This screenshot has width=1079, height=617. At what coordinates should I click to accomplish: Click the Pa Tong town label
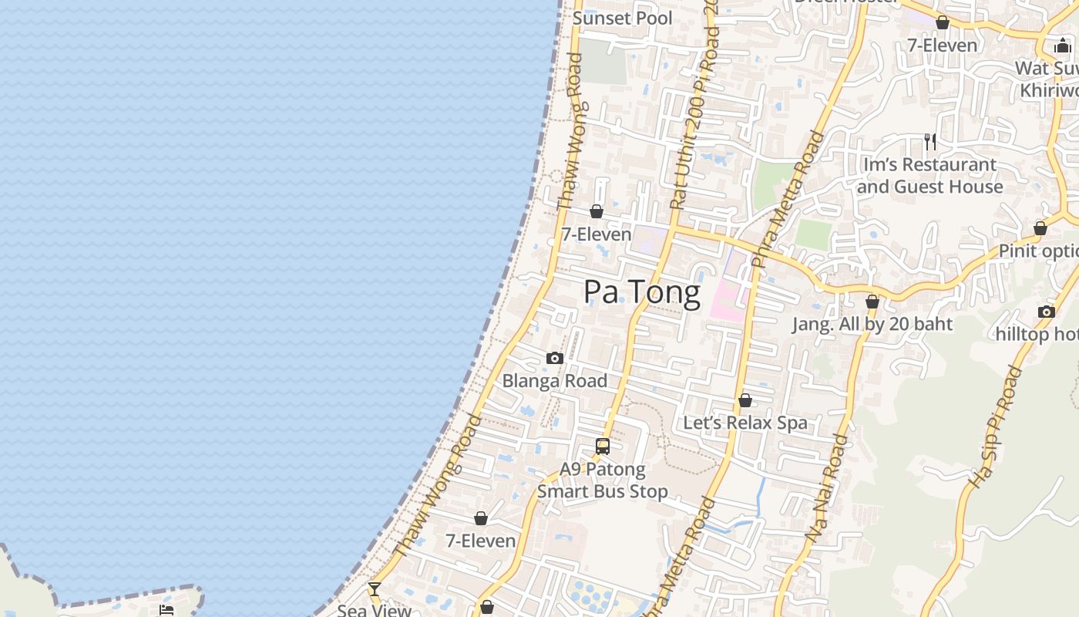point(641,292)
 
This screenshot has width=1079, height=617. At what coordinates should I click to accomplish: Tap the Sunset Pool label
point(623,18)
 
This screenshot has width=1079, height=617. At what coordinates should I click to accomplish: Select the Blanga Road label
point(555,380)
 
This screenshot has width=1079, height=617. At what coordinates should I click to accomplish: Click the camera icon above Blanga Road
point(554,358)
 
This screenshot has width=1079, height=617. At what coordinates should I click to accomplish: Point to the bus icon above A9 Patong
point(603,446)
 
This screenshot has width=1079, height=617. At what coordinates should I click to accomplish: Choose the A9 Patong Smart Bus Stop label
point(603,480)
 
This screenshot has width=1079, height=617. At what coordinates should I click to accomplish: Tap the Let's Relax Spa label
point(745,423)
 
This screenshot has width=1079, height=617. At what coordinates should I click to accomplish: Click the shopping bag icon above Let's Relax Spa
point(745,400)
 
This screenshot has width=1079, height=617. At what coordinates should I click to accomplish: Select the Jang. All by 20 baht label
point(872,324)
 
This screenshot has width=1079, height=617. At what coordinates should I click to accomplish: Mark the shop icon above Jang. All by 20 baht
point(872,302)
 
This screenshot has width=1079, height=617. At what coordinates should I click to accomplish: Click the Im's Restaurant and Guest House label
point(929,176)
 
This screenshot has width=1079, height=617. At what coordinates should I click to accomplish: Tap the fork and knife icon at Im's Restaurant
point(930,141)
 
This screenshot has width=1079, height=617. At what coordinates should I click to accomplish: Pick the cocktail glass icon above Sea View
point(375,589)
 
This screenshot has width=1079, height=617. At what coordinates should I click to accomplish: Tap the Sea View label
point(375,610)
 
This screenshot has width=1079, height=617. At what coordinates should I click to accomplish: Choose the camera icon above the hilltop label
point(1046,312)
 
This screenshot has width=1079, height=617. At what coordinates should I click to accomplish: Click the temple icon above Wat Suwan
point(1063,46)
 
